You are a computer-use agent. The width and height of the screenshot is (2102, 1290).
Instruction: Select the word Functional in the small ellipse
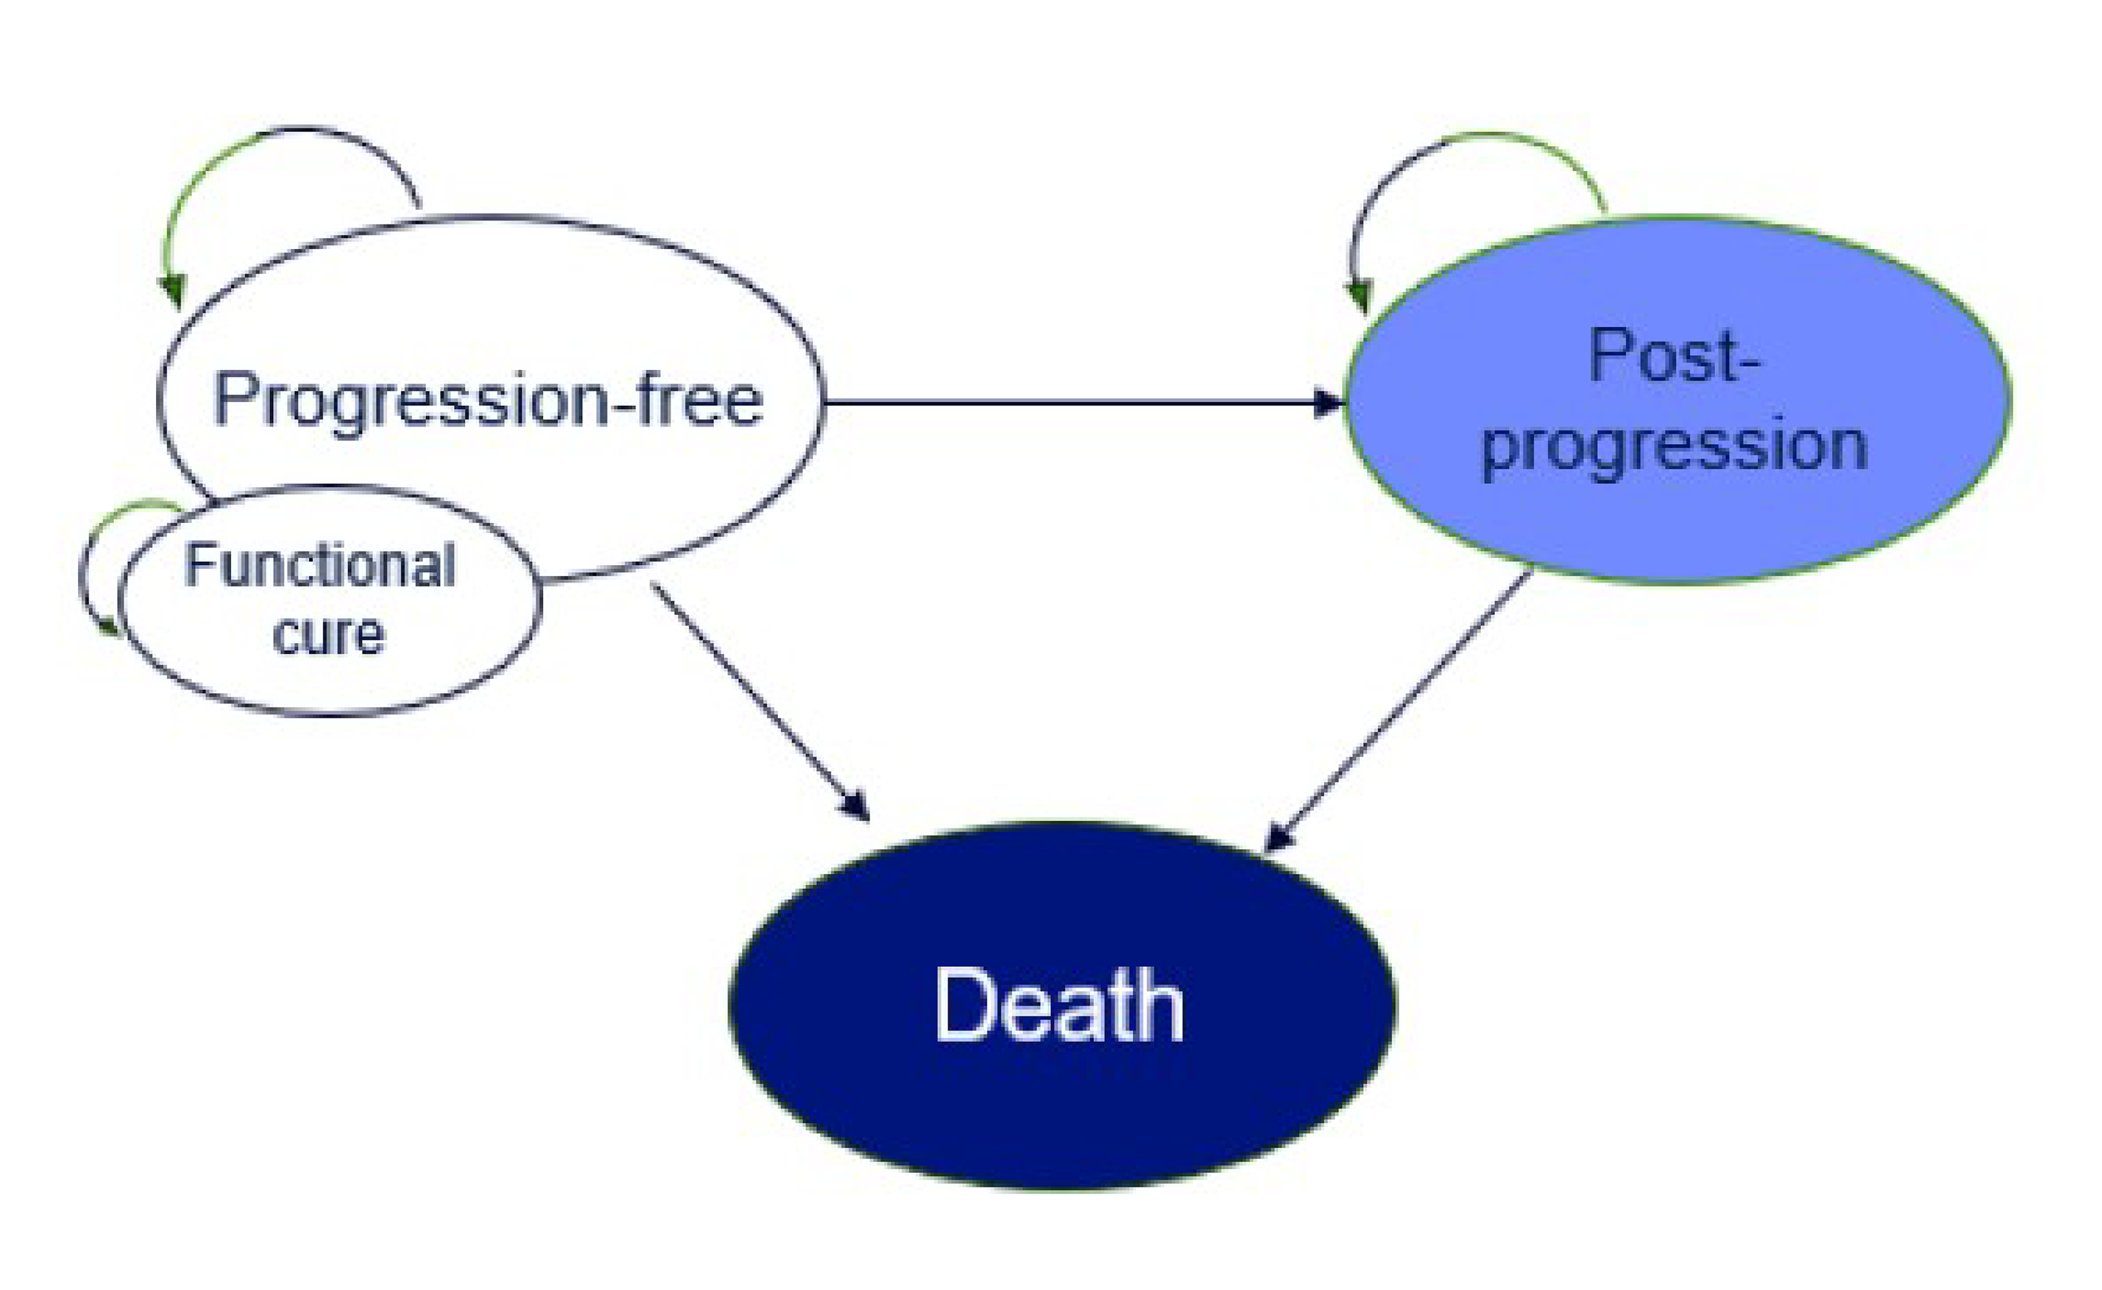(320, 566)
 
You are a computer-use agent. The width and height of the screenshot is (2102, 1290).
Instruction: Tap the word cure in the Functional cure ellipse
(329, 636)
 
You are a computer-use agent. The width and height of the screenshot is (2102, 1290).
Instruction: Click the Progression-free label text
(488, 399)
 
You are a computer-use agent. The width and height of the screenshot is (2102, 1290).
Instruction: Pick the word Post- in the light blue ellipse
(1674, 356)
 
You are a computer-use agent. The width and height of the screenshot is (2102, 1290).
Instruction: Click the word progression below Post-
(1674, 446)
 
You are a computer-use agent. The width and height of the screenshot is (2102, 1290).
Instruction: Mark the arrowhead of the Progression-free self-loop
(174, 293)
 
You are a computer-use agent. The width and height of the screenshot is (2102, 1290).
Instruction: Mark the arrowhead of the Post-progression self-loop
(1358, 298)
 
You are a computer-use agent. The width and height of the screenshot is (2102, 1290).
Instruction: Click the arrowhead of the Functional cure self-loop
(111, 629)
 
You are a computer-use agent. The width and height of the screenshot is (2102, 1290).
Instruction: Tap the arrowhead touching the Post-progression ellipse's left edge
(1330, 402)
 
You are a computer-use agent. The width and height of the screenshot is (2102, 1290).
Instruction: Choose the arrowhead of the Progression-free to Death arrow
(855, 806)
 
